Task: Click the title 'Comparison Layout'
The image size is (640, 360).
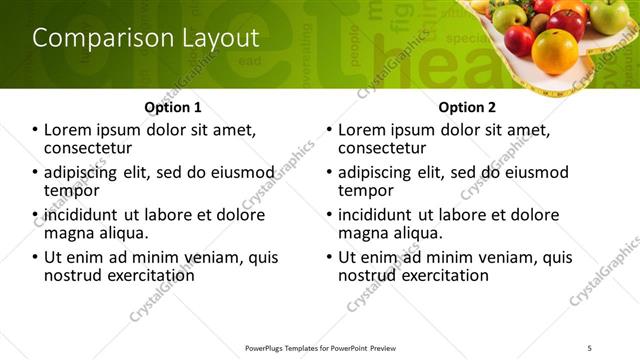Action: click(x=146, y=38)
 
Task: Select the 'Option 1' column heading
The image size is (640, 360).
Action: click(x=172, y=107)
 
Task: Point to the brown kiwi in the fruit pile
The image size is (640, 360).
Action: click(x=539, y=23)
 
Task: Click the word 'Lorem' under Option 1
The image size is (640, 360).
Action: click(x=69, y=130)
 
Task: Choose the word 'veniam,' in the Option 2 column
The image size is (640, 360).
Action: click(x=512, y=257)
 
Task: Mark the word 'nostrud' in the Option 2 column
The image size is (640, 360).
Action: click(x=370, y=274)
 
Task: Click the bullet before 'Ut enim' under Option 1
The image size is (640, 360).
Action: click(x=36, y=258)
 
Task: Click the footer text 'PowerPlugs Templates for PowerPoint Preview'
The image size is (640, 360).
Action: click(x=320, y=347)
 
